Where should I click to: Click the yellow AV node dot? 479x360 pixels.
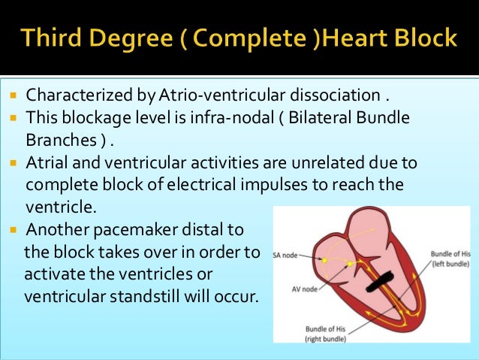(x=350, y=264)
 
